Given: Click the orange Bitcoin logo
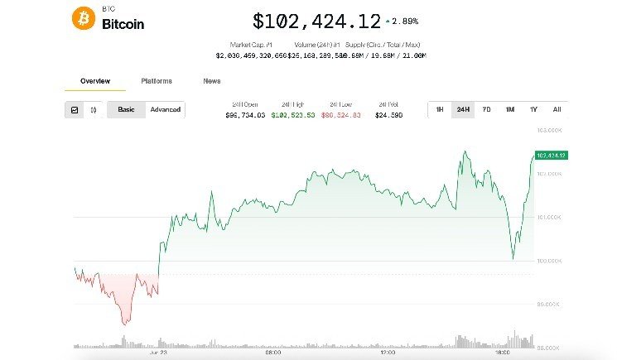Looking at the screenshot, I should click(x=84, y=19).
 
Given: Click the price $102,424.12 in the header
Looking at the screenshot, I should click(x=316, y=21).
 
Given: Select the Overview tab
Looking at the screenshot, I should click(x=94, y=81).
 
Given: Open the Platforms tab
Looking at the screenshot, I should click(x=157, y=81).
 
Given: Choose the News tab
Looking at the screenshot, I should click(x=212, y=81).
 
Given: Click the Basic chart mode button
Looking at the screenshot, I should click(x=126, y=109).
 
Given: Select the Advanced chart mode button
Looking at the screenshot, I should click(x=165, y=109).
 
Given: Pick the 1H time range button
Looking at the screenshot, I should click(x=439, y=109).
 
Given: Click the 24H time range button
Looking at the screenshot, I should click(x=463, y=109).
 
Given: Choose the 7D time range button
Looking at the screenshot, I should click(x=486, y=109).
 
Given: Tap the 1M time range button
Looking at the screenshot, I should click(x=510, y=109).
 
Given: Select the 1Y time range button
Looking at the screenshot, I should click(x=533, y=109).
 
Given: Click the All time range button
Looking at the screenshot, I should click(x=557, y=109).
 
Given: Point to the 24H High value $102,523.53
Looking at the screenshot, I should click(x=292, y=116).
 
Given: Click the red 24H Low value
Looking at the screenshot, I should click(x=340, y=116).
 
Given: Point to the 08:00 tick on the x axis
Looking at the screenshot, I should click(x=273, y=352).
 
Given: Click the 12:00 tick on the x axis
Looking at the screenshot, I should click(x=387, y=352).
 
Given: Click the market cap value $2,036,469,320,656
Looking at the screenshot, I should click(x=251, y=55).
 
